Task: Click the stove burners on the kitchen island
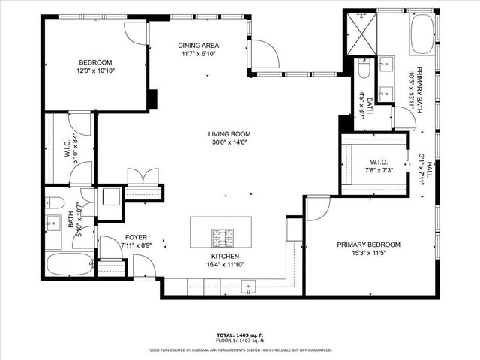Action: (222, 237)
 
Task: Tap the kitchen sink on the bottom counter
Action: (248, 285)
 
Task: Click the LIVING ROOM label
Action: (229, 135)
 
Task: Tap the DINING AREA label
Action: (198, 45)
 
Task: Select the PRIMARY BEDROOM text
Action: (368, 244)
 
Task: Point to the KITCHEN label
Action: (224, 256)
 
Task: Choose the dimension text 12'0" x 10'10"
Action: (95, 70)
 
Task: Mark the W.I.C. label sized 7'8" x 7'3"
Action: (377, 163)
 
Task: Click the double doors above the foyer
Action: (142, 178)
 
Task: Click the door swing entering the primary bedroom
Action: (318, 208)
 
